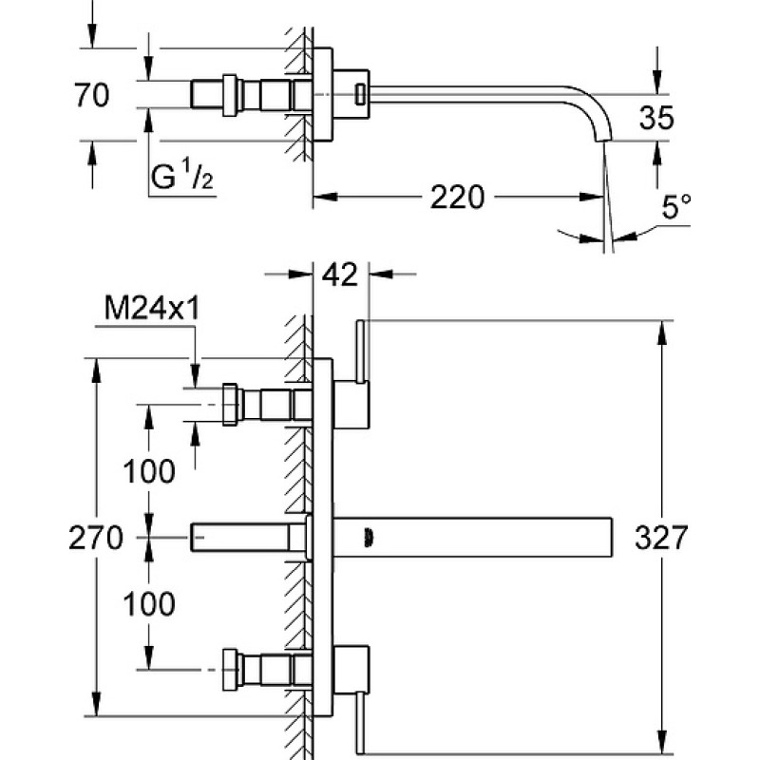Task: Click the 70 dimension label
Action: pos(92,95)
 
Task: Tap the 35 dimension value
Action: pos(656,118)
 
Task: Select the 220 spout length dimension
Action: pos(457,197)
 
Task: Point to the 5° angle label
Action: pos(676,206)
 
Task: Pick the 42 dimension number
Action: pos(340,275)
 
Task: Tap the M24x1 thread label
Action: pos(152,307)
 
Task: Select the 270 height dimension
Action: pos(96,538)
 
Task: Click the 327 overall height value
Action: pos(661,538)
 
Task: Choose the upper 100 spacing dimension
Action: pos(149,471)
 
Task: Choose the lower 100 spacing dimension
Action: pos(149,604)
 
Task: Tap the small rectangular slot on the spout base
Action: pos(360,94)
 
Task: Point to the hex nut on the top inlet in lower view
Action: pos(230,405)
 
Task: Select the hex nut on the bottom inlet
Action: pos(230,670)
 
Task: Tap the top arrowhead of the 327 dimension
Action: pos(661,332)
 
